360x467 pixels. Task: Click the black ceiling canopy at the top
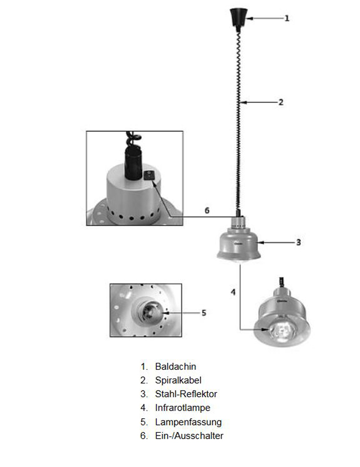coord(238,18)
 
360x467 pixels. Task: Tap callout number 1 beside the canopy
coord(287,18)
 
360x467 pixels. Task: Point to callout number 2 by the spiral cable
coord(281,102)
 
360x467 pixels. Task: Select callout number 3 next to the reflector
coord(299,242)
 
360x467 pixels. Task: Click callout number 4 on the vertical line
coord(233,292)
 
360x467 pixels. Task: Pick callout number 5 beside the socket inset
coord(204,313)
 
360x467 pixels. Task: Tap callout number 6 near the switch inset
coord(207,211)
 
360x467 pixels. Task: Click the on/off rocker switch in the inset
coord(150,175)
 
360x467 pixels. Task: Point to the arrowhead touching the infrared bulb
coord(265,329)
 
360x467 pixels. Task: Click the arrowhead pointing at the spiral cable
coord(244,102)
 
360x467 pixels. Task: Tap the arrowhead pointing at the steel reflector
coord(261,243)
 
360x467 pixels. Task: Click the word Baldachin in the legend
coord(176,366)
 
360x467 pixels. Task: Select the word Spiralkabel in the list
coord(178,380)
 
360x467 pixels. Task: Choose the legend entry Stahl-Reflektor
coord(186,394)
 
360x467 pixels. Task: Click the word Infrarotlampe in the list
coord(183,408)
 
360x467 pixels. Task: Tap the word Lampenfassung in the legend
coord(188,422)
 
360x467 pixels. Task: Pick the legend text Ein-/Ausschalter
coord(189,435)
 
